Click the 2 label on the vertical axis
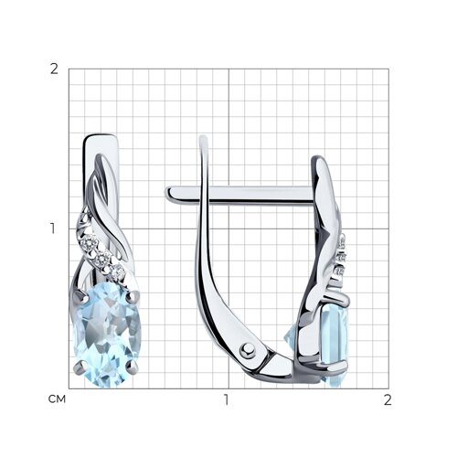click(x=54, y=69)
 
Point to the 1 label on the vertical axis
click(x=54, y=228)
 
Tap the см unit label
click(x=57, y=399)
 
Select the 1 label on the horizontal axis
click(x=226, y=399)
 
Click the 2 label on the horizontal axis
click(x=388, y=399)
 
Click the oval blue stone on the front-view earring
click(x=107, y=335)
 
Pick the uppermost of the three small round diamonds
click(x=90, y=244)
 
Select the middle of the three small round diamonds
click(x=101, y=260)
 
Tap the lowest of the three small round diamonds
click(x=117, y=272)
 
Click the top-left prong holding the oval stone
click(x=80, y=295)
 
